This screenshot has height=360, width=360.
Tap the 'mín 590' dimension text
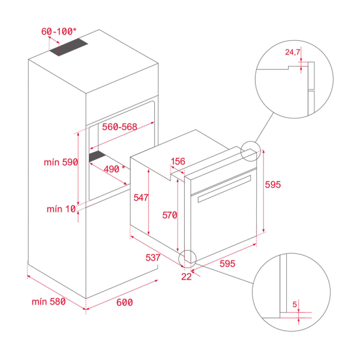coord(61,163)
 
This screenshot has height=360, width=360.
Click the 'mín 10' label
coord(61,209)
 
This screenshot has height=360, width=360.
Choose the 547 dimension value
coord(141,197)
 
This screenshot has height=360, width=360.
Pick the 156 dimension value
coord(178,161)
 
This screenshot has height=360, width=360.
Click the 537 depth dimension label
coord(153,257)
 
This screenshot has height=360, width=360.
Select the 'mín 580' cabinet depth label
coord(48,302)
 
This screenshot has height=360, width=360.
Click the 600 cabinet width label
coord(124,302)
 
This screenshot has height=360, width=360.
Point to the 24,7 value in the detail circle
coord(292,53)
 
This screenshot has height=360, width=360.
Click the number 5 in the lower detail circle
coord(295,304)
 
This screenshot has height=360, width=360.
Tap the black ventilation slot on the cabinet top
coord(68,49)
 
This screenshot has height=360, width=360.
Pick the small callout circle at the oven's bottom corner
coord(187,257)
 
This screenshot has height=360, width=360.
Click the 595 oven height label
coord(273,185)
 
